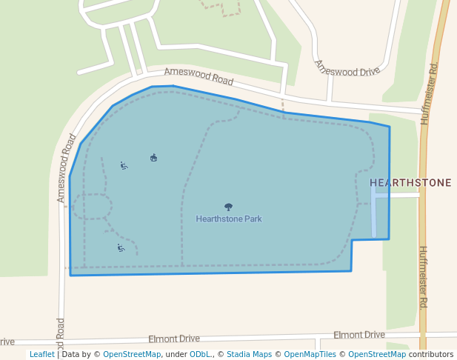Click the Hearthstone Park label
click(x=229, y=219)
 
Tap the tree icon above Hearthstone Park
click(x=228, y=207)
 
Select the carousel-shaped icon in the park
click(x=153, y=157)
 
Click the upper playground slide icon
click(x=124, y=165)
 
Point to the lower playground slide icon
click(x=121, y=247)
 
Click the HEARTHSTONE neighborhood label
click(x=410, y=182)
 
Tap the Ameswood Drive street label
click(x=347, y=67)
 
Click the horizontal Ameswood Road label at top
click(x=199, y=76)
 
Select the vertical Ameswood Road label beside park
click(x=67, y=168)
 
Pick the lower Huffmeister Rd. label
click(x=423, y=278)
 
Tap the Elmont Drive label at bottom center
click(x=174, y=339)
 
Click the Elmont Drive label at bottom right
click(x=358, y=336)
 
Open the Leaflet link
click(x=41, y=355)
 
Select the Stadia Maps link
click(x=249, y=355)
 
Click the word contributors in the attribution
click(x=430, y=355)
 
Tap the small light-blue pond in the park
click(x=374, y=211)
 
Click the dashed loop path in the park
click(x=92, y=207)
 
